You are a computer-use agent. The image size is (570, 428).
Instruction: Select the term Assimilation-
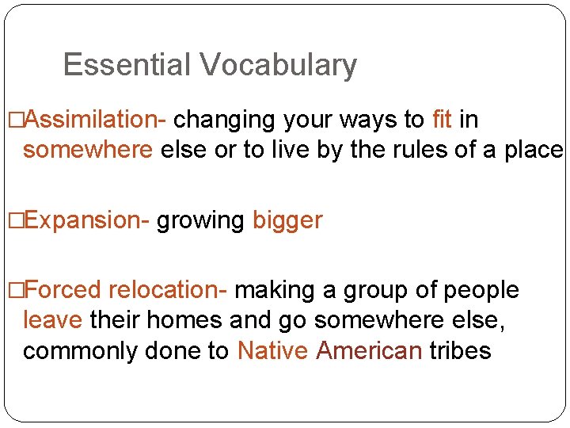(x=96, y=120)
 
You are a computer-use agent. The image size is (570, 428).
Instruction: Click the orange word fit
(x=443, y=120)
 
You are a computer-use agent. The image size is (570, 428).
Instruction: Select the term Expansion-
(x=87, y=220)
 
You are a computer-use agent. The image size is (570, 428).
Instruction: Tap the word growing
(x=201, y=220)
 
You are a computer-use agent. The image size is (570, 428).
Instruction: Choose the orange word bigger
(x=287, y=220)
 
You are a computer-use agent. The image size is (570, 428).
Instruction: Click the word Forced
(x=63, y=290)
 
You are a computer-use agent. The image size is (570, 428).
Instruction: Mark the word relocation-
(x=168, y=290)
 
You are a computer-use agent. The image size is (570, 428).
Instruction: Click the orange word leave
(x=52, y=320)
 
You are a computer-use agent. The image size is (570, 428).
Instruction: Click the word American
(x=369, y=350)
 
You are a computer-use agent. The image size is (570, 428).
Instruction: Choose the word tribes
(x=460, y=350)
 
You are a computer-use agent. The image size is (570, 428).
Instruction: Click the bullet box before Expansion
(x=13, y=220)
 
